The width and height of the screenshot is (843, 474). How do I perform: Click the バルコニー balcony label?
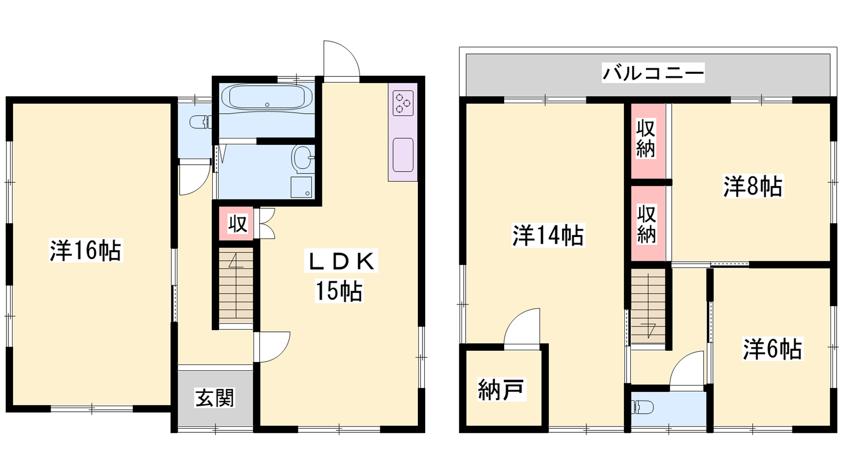tap(653, 73)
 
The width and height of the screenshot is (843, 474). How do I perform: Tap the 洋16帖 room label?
tap(86, 250)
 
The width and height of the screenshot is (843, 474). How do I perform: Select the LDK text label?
tap(341, 261)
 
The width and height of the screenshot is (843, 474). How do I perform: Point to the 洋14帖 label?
tap(548, 235)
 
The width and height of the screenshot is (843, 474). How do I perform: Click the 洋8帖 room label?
tap(753, 186)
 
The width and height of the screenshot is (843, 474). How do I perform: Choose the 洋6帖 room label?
tap(772, 349)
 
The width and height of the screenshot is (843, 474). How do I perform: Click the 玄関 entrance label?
tap(215, 398)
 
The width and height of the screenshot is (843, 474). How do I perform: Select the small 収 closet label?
tap(238, 224)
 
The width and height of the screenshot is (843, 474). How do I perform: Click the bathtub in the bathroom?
tap(267, 97)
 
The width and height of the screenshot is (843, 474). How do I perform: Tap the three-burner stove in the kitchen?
tap(403, 103)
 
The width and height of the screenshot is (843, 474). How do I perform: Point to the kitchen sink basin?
tap(403, 155)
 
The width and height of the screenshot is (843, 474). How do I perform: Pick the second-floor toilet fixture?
tap(642, 407)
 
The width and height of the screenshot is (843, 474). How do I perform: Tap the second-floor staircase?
tap(648, 306)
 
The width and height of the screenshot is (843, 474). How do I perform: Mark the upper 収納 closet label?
tap(646, 139)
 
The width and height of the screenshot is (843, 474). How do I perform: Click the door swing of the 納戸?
tap(522, 326)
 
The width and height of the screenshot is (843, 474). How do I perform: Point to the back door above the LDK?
tap(342, 58)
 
